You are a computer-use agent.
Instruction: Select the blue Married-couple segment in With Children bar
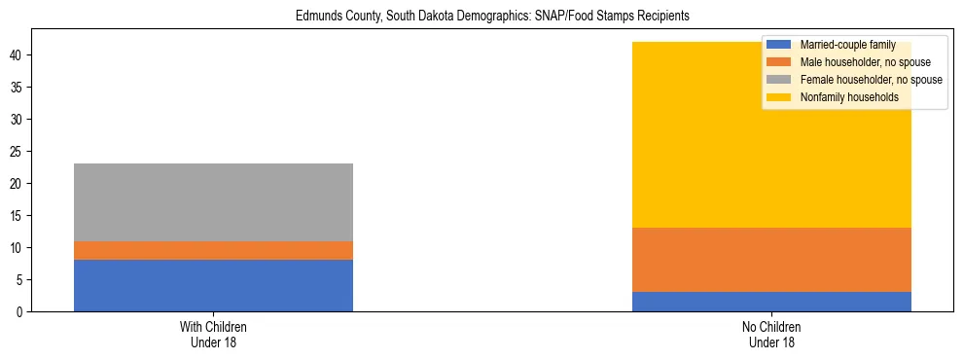click(x=213, y=285)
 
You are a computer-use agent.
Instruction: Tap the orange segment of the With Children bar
click(x=213, y=250)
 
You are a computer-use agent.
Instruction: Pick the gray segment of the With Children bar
click(x=213, y=202)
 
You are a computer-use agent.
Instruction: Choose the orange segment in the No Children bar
click(x=771, y=260)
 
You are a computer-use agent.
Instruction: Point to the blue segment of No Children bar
click(x=771, y=302)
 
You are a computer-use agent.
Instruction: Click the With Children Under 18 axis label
click(x=213, y=335)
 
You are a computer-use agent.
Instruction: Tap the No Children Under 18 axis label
click(x=771, y=335)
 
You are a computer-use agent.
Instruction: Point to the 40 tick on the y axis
click(x=19, y=55)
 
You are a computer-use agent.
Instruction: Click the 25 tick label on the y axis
click(x=19, y=152)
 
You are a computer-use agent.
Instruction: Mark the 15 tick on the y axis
click(x=19, y=216)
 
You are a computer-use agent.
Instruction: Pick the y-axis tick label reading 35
click(x=19, y=88)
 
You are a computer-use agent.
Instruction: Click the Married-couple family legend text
click(x=841, y=45)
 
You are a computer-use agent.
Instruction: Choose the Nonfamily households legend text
click(x=842, y=97)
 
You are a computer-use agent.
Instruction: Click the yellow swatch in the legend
click(x=779, y=97)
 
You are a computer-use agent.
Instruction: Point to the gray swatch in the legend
click(x=779, y=80)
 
